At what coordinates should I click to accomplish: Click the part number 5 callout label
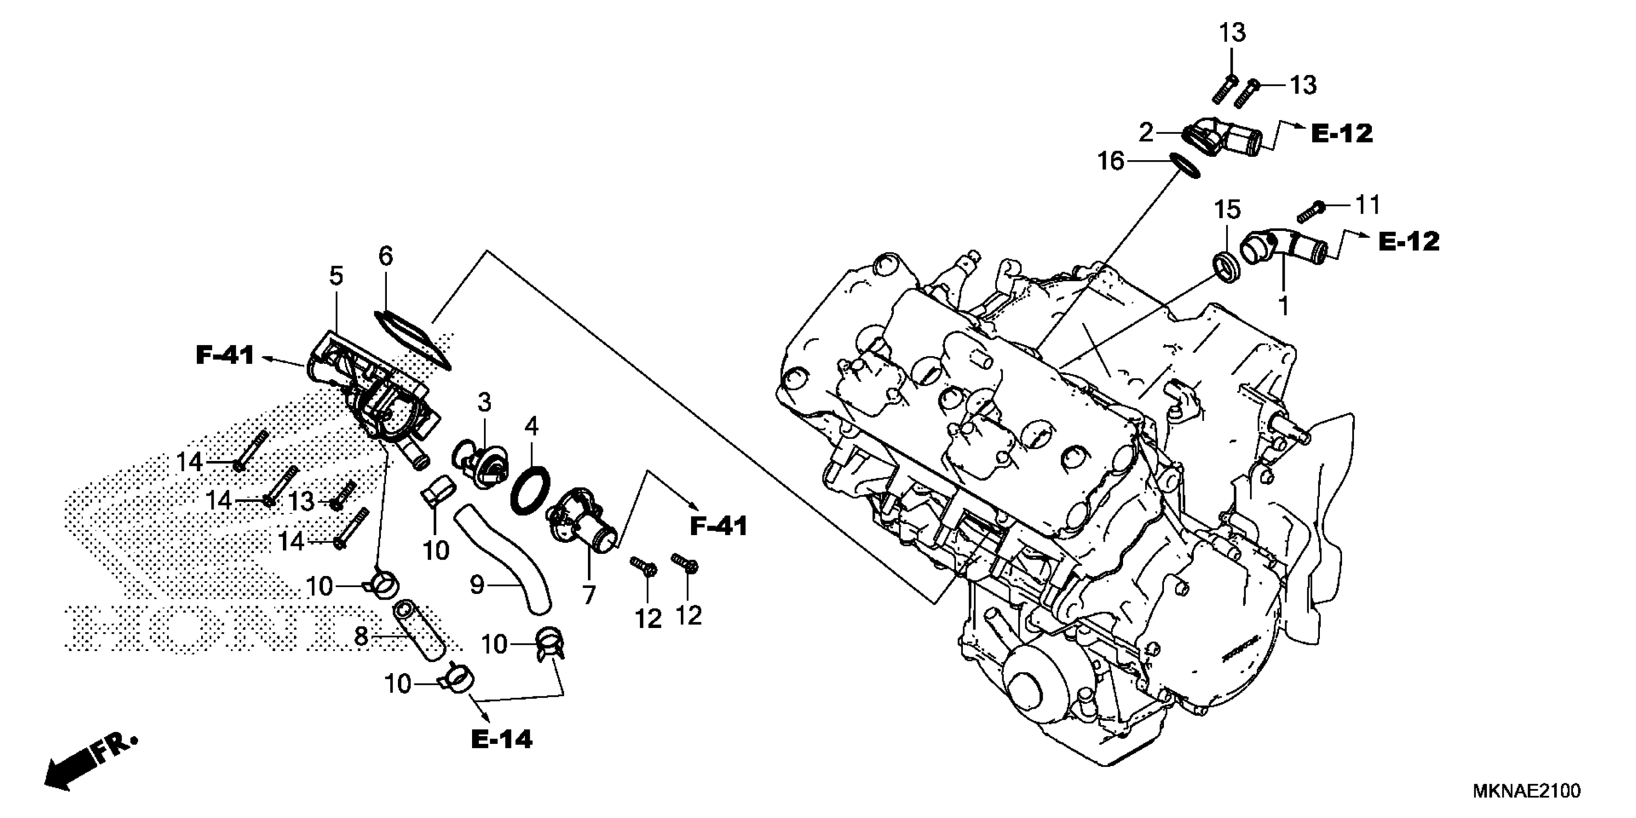point(336,276)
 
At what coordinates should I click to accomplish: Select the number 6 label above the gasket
point(385,256)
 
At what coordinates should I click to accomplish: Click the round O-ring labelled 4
point(530,492)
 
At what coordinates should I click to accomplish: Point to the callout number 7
point(589,595)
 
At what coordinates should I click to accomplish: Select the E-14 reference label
point(502,739)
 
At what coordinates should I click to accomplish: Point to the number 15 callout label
point(1227,210)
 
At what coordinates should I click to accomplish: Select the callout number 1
point(1283,306)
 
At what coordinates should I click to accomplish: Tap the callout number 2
point(1146,133)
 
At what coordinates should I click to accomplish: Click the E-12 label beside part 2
point(1342,133)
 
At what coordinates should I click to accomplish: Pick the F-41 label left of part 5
point(225,356)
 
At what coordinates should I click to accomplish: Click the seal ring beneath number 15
point(1227,268)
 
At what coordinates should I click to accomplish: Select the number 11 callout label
point(1367,204)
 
